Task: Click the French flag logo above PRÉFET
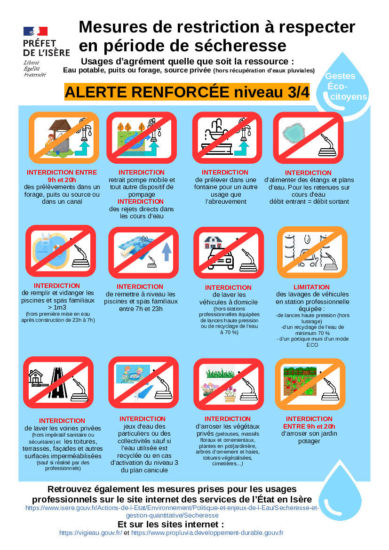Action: tap(35, 31)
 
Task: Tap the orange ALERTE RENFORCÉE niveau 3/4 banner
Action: tap(187, 92)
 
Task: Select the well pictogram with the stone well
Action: tap(64, 138)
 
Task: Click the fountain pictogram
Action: tap(227, 138)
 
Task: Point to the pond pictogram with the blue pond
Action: tap(308, 138)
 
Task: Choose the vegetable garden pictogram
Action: tap(310, 384)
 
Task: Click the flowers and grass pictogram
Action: tap(228, 384)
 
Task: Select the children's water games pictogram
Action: tap(143, 383)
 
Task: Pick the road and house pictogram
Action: tap(58, 383)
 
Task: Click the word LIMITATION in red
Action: tap(311, 287)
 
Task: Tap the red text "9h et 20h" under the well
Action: tap(62, 180)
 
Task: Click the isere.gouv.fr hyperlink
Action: tap(172, 511)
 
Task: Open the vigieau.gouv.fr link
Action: tap(90, 533)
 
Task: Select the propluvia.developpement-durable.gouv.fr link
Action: tap(207, 533)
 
